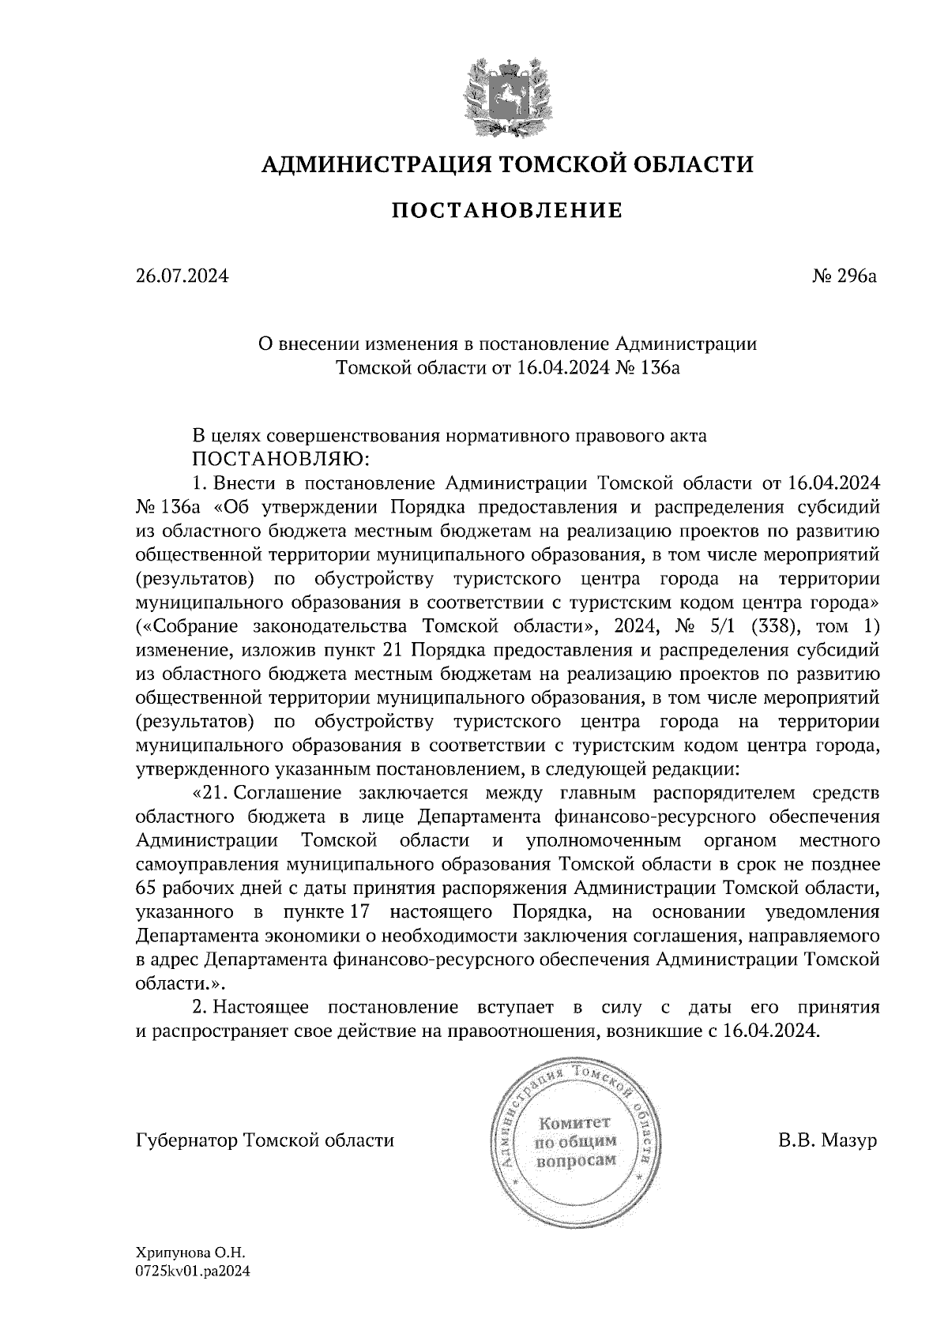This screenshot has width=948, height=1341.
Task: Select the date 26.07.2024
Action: pyautogui.click(x=182, y=276)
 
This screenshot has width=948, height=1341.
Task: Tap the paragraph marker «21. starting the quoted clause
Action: pyautogui.click(x=209, y=792)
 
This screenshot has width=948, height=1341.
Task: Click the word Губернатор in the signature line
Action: pyautogui.click(x=187, y=1141)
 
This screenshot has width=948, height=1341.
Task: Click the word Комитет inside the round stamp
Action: pyautogui.click(x=574, y=1122)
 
